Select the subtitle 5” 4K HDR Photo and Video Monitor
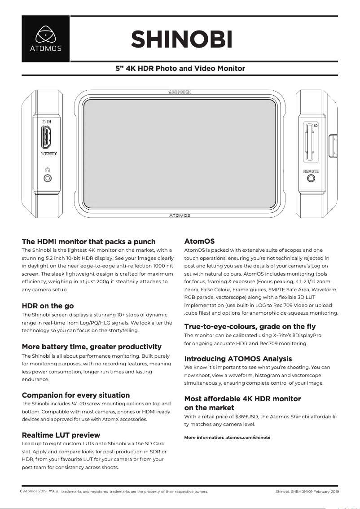tap(180, 69)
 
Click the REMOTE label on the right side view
tap(311, 171)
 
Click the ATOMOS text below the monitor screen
tap(180, 215)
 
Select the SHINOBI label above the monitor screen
tap(180, 92)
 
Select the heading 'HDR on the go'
tap(48, 306)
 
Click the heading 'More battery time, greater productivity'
tap(92, 347)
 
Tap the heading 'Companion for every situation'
tap(76, 395)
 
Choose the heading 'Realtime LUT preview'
tap(61, 435)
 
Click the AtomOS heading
tap(199, 241)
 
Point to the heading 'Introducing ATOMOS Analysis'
tap(238, 359)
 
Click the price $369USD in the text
tap(246, 417)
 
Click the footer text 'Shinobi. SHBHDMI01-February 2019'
tap(307, 491)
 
